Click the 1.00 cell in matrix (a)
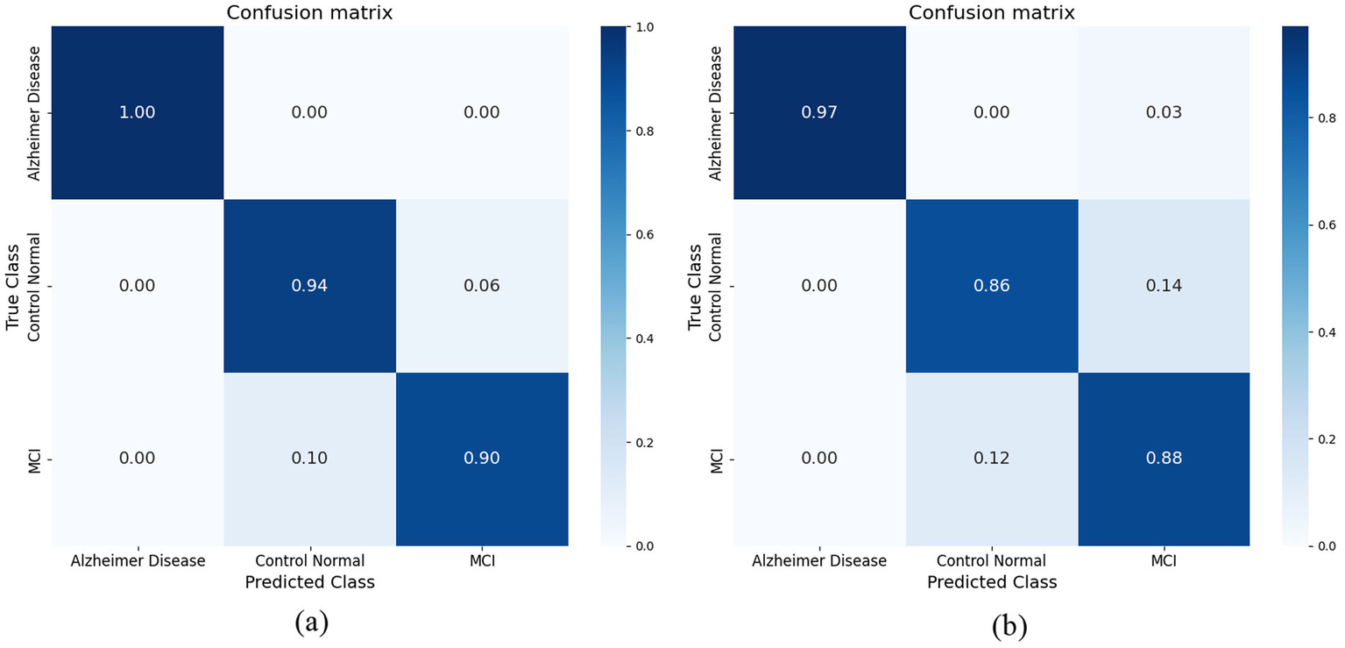(138, 113)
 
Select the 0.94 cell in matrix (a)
(309, 286)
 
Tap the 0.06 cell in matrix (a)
(482, 286)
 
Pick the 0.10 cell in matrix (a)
(309, 459)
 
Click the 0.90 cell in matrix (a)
(482, 459)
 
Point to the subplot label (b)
(1010, 625)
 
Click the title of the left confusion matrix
(309, 13)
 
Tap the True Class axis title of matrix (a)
(13, 286)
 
